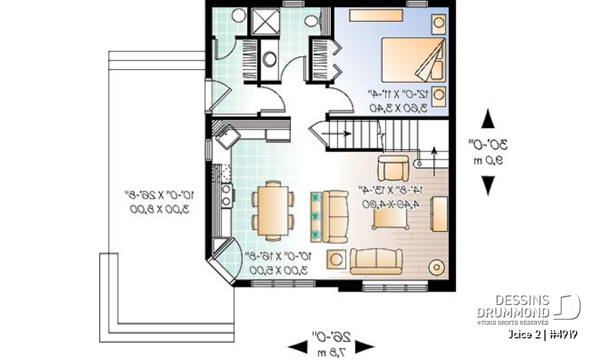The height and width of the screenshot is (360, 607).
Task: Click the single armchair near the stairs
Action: click(x=393, y=168)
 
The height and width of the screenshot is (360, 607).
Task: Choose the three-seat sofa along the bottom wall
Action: click(x=377, y=261)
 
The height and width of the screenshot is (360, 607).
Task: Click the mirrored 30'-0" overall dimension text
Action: click(x=487, y=144)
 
